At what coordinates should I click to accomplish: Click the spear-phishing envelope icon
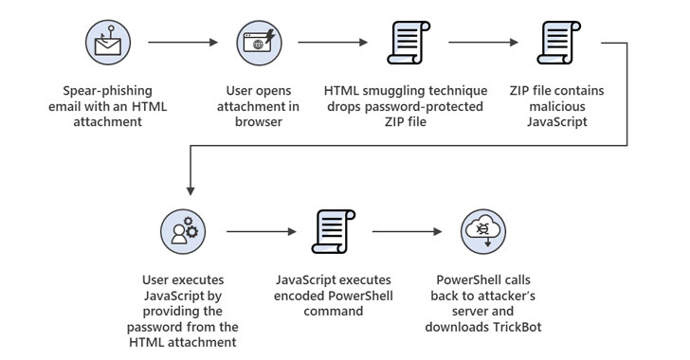tap(108, 43)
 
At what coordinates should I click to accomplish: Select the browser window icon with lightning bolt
tap(259, 43)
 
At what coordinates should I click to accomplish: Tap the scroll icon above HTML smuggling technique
tap(409, 43)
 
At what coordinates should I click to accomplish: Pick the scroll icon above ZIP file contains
tap(559, 43)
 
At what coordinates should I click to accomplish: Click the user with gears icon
tap(183, 231)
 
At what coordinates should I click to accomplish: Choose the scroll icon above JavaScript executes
tap(334, 231)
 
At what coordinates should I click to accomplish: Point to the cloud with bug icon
tap(483, 231)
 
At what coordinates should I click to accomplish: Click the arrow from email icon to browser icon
tap(183, 43)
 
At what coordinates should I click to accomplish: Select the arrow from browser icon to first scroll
tap(333, 43)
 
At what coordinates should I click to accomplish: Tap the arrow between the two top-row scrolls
tap(483, 43)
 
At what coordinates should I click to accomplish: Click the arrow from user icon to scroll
tap(262, 231)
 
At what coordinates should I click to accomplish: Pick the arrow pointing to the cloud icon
tap(407, 231)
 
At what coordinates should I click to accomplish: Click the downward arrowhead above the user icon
tap(191, 190)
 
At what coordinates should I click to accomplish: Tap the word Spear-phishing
tap(107, 91)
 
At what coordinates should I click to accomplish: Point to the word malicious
tap(557, 106)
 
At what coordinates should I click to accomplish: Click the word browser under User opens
tap(259, 122)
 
